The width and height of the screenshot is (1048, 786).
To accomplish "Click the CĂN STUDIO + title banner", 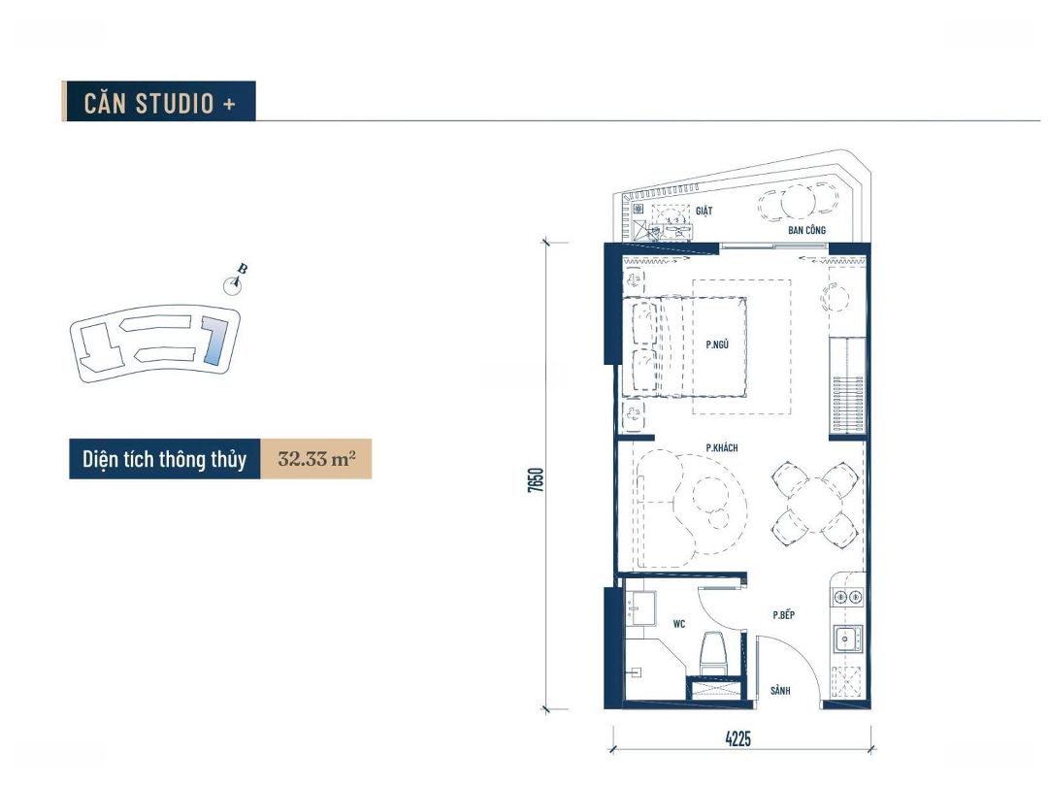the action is click(x=158, y=102).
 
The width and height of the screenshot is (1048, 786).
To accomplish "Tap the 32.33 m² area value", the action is click(x=316, y=459).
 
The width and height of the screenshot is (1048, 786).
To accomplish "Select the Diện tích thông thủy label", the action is click(x=164, y=459).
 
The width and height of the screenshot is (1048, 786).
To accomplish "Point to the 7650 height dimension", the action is click(x=536, y=480).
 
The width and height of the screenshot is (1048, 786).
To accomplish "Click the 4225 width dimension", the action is click(x=737, y=738).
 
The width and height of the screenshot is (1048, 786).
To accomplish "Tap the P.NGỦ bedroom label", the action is click(x=716, y=344).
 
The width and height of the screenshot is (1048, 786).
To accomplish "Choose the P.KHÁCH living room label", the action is click(x=722, y=447).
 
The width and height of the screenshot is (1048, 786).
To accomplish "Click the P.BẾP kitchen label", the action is click(x=783, y=615).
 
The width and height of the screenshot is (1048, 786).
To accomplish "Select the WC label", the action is click(x=679, y=624).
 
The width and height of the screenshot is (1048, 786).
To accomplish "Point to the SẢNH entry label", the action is click(x=780, y=691).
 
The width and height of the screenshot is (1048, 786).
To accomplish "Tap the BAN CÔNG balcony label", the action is click(x=806, y=230).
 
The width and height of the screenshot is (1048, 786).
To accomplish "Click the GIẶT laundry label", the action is click(x=704, y=211).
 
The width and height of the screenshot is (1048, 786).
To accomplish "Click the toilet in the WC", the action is click(x=714, y=653).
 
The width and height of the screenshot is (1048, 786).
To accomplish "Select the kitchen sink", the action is click(x=847, y=639).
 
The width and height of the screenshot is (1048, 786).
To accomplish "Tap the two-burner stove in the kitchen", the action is click(x=847, y=597).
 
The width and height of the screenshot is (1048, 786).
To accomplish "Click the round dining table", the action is click(x=815, y=503).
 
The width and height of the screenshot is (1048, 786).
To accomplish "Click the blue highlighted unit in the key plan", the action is click(x=214, y=341).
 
